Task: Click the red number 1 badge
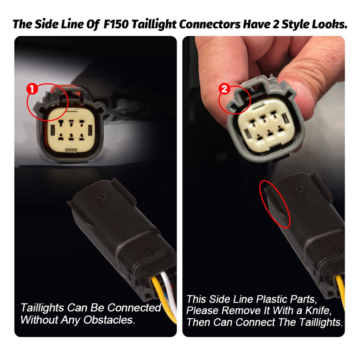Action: coord(32,89)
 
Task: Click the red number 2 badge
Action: coord(224,89)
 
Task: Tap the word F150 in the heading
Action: coord(116,24)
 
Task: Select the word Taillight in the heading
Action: coord(154,24)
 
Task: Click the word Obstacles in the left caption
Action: coord(109,320)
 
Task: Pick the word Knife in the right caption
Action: coord(319,311)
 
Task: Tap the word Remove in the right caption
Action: coord(241,311)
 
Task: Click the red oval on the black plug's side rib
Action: coord(275,204)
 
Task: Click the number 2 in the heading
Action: coord(276,24)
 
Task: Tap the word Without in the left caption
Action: coord(39,320)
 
